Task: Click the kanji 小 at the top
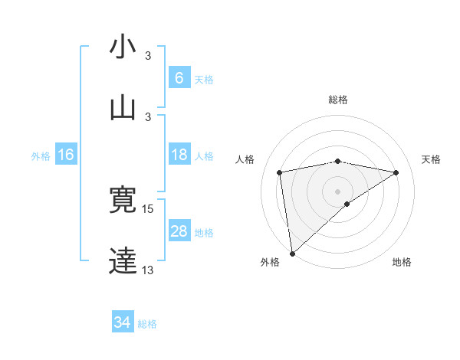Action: [x=123, y=47]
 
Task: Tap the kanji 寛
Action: [x=123, y=200]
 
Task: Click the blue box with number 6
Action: [x=179, y=77]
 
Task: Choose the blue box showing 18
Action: [x=179, y=155]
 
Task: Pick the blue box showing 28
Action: [x=179, y=231]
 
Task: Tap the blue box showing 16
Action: [x=66, y=155]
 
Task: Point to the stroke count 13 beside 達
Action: [x=148, y=270]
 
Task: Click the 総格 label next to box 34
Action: [x=147, y=324]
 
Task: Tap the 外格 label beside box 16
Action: [x=41, y=156]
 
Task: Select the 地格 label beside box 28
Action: [x=204, y=233]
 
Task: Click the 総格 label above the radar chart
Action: [x=338, y=100]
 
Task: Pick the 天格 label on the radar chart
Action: [x=431, y=159]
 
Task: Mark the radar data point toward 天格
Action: [x=396, y=172]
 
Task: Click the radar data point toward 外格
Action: [x=291, y=254]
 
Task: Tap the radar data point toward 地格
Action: [x=347, y=204]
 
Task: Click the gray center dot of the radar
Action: [x=338, y=191]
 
